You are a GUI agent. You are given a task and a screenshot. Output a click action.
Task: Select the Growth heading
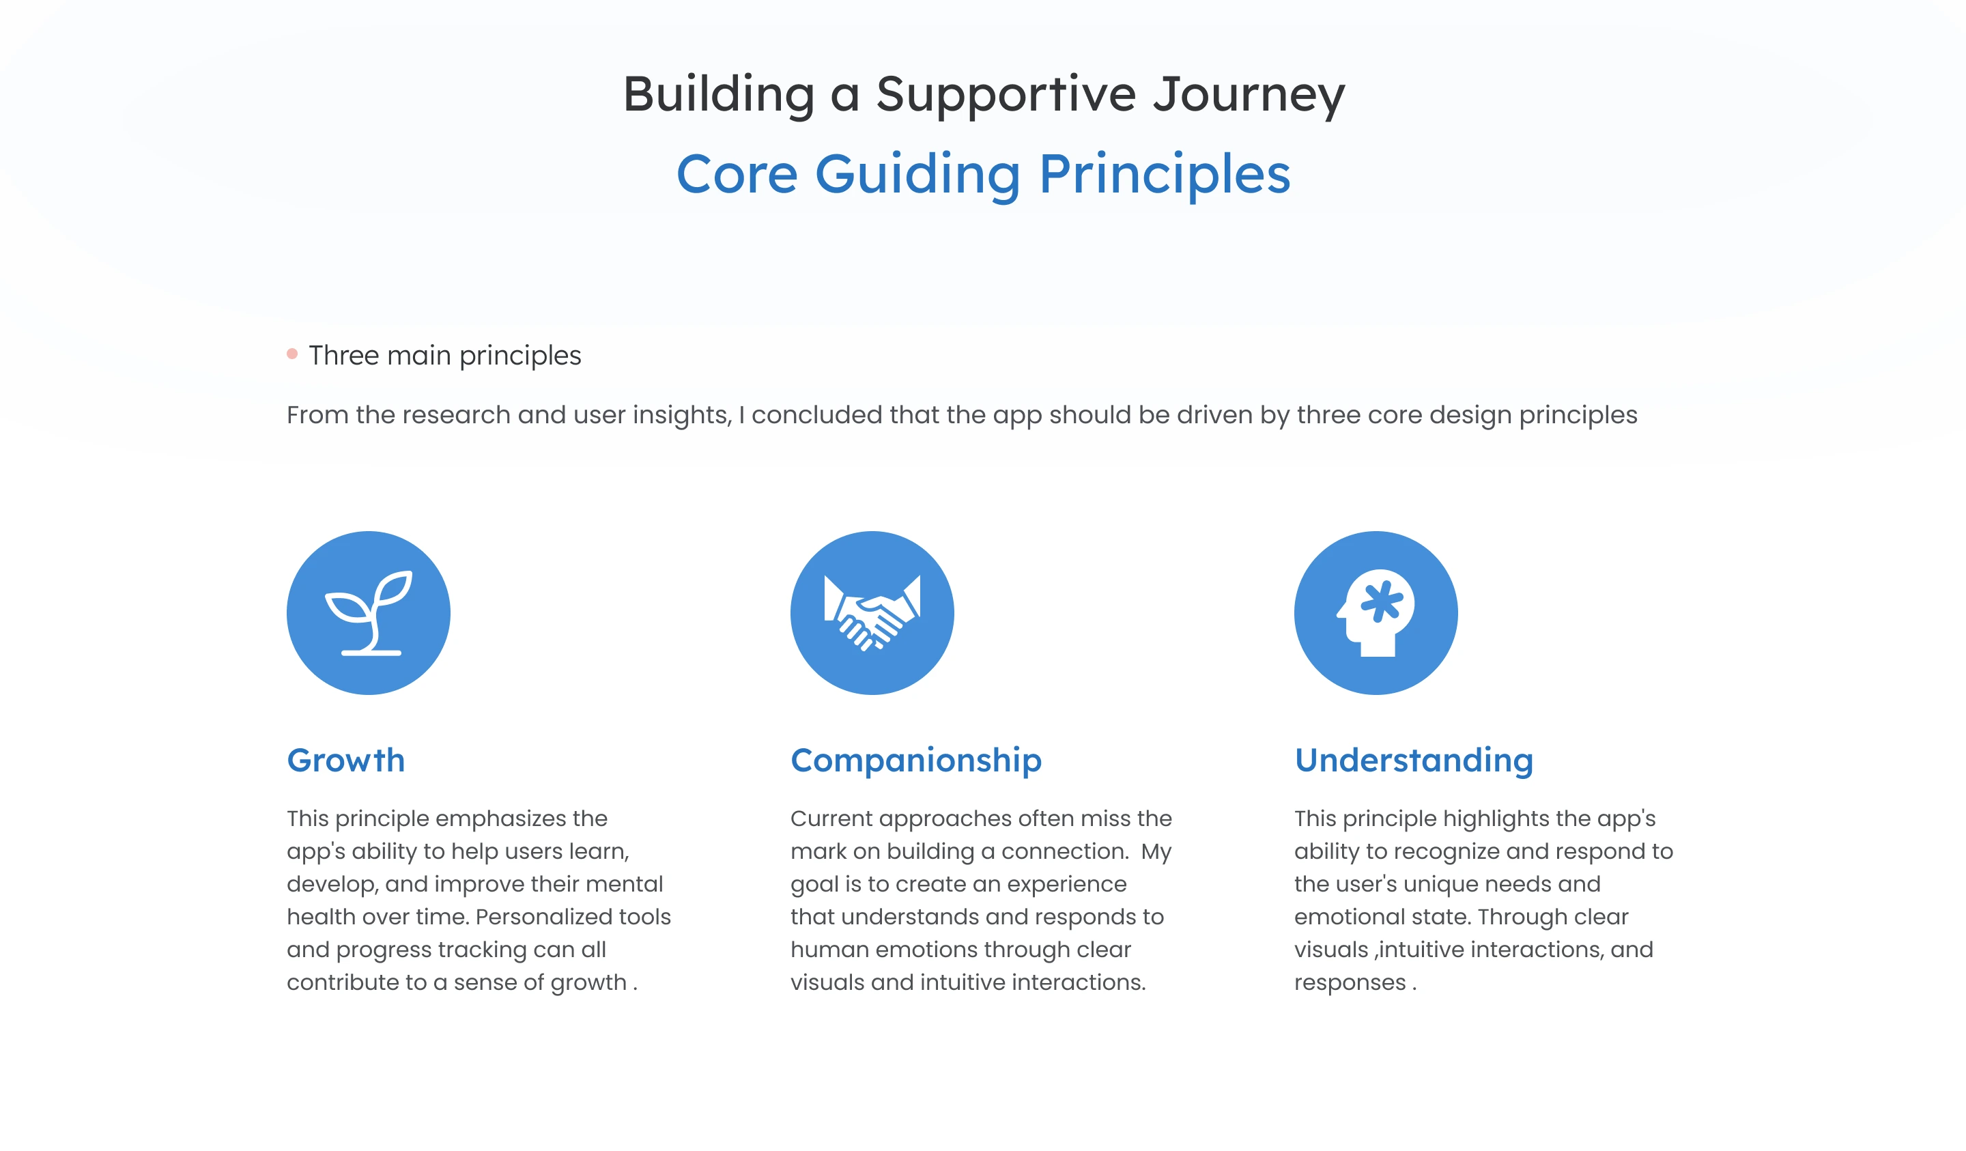point(345,760)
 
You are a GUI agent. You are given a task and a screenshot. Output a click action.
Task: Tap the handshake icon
point(872,613)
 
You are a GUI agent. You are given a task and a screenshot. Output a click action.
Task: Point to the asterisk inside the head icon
point(1382,601)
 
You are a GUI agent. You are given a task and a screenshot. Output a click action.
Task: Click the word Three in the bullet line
point(344,355)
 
